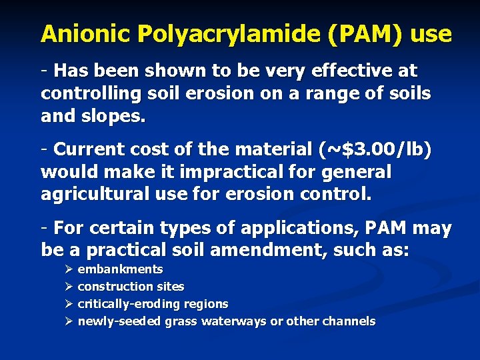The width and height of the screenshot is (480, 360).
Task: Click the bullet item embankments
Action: pyautogui.click(x=120, y=269)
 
